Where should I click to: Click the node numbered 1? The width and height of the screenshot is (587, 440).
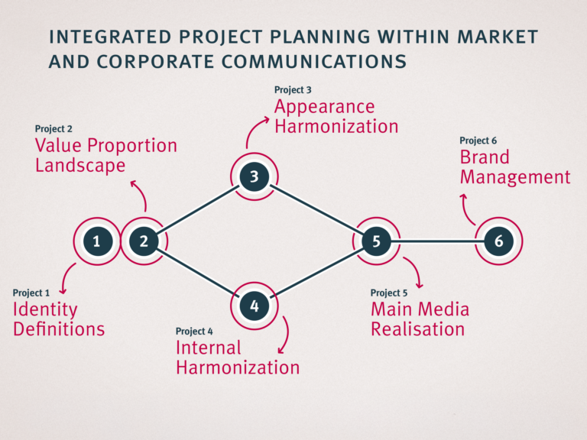point(96,241)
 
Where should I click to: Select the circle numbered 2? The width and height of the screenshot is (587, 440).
point(144,241)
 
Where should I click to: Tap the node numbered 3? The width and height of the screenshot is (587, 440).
point(254,177)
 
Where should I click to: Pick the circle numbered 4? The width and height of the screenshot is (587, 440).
point(254,306)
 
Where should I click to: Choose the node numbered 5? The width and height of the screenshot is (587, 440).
point(376,241)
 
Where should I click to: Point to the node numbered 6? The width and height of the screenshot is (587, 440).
point(498,241)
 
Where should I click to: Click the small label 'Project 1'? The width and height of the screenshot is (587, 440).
point(31,293)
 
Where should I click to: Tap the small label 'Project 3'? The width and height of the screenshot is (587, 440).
point(293,90)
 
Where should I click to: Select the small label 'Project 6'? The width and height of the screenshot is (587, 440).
point(478,141)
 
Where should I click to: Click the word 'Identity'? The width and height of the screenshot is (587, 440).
point(45,310)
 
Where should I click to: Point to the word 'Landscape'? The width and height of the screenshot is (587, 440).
point(80,165)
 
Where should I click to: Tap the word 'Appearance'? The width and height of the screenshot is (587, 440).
point(324,107)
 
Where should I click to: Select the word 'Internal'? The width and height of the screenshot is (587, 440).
point(208,348)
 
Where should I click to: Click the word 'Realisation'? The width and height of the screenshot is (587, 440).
point(417,329)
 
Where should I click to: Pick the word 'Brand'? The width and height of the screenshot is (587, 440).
point(484,157)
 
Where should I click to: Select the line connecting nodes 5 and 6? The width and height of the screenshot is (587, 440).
point(437,241)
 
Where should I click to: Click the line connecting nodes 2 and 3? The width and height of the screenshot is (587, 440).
point(199,209)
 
